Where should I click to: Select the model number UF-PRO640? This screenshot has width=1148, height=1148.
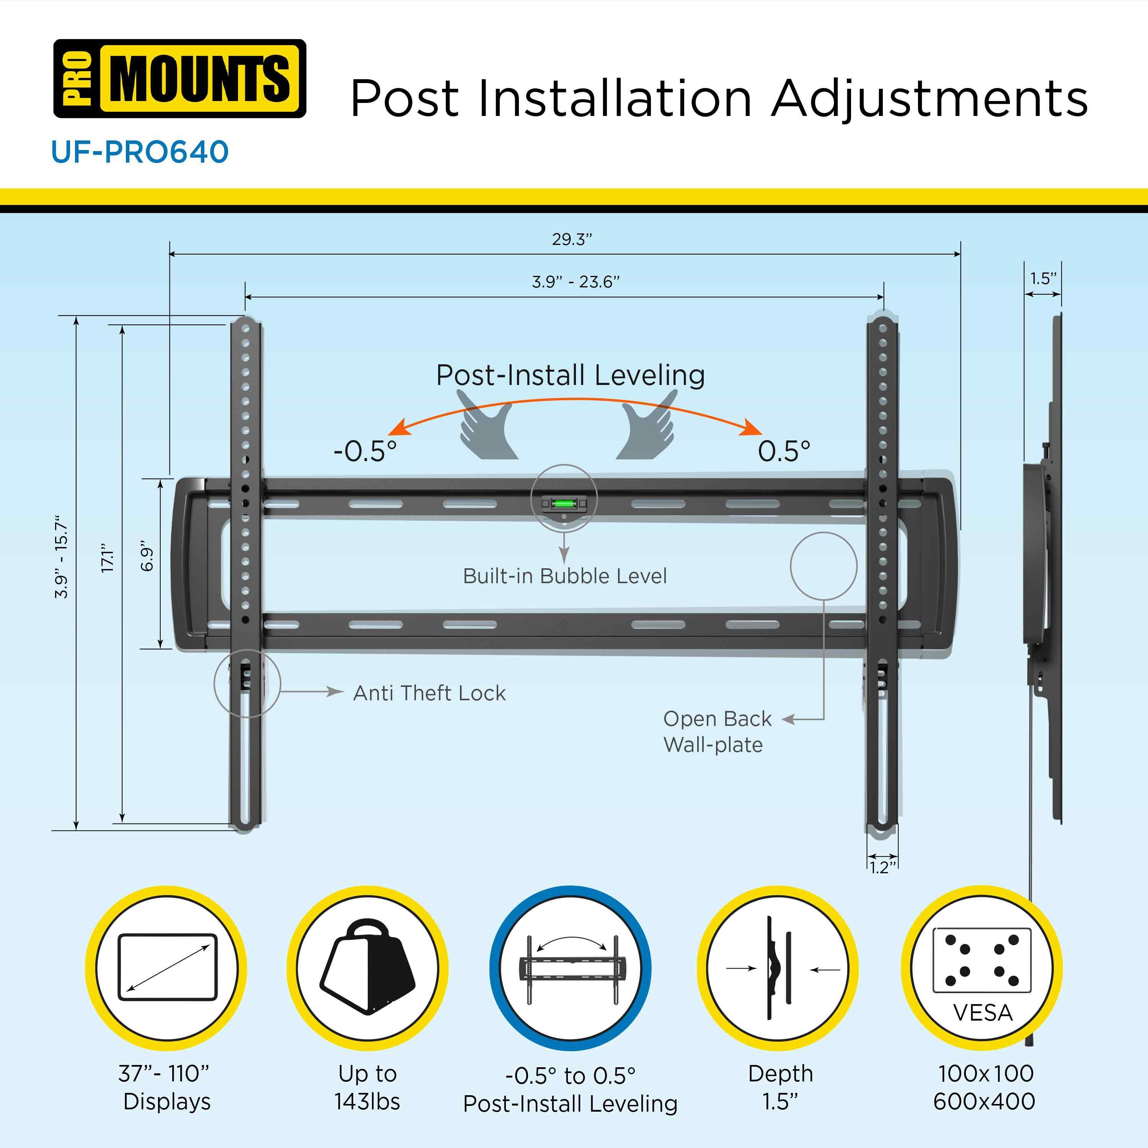pyautogui.click(x=140, y=152)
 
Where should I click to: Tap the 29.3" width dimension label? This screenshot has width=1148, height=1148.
pyautogui.click(x=572, y=240)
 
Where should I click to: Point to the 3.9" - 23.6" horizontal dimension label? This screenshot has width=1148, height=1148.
pyautogui.click(x=575, y=282)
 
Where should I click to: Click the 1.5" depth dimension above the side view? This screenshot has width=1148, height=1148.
pyautogui.click(x=1043, y=278)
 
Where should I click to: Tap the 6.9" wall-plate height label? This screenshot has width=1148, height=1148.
pyautogui.click(x=147, y=556)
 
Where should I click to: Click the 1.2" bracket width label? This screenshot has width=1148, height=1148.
pyautogui.click(x=882, y=868)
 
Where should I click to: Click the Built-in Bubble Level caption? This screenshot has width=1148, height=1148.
pyautogui.click(x=564, y=576)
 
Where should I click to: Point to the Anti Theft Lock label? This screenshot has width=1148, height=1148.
pyautogui.click(x=429, y=693)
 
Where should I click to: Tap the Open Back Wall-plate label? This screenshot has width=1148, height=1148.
pyautogui.click(x=717, y=731)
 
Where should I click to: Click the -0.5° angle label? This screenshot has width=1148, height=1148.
pyautogui.click(x=364, y=451)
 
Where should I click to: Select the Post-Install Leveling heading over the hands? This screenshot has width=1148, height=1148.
pyautogui.click(x=571, y=375)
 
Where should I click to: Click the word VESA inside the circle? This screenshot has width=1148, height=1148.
pyautogui.click(x=983, y=1013)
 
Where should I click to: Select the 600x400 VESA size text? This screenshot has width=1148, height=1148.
pyautogui.click(x=984, y=1102)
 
